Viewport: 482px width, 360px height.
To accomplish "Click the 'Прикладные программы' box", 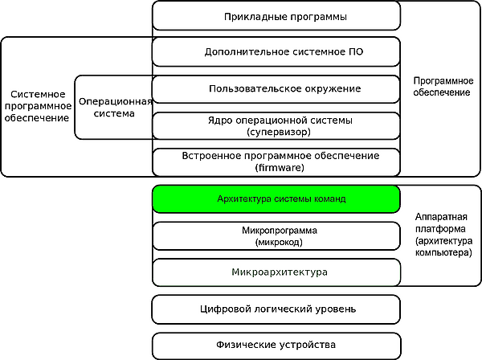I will click(276, 16).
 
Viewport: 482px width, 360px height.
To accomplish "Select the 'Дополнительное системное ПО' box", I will click(276, 51).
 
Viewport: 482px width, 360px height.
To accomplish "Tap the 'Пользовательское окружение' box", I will click(276, 88).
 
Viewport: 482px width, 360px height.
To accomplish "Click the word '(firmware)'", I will click(275, 167).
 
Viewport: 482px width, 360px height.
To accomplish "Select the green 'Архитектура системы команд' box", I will click(276, 198).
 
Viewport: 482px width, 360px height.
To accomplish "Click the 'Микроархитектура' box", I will click(276, 272).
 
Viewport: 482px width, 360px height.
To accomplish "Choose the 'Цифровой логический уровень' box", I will click(276, 309).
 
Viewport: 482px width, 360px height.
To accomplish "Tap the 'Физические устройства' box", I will click(276, 345).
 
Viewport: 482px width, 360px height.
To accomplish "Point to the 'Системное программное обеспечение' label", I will click(37, 105).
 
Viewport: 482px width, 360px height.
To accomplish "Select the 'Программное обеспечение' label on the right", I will click(441, 87).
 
